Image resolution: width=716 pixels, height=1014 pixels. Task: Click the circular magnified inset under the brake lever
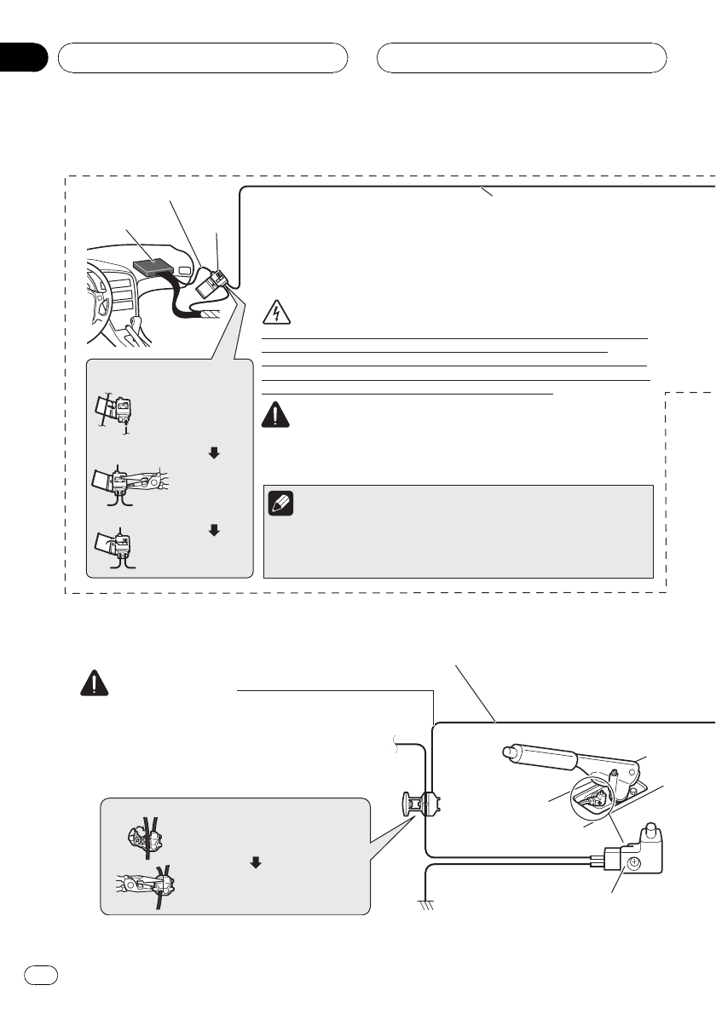[x=588, y=798]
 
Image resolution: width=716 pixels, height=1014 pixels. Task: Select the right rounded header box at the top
[x=522, y=58]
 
